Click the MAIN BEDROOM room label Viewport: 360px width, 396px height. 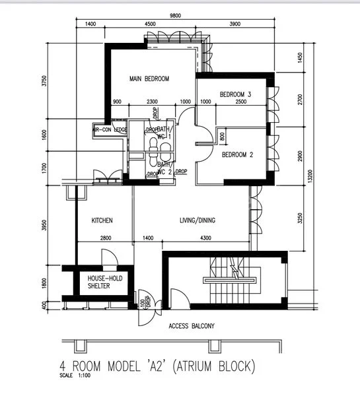click(x=149, y=79)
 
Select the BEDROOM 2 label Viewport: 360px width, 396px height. click(x=238, y=155)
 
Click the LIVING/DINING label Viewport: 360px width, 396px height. click(x=198, y=220)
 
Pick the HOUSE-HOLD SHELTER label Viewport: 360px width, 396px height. click(x=106, y=282)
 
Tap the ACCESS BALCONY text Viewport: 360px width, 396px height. click(x=192, y=326)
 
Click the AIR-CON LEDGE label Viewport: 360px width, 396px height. click(x=110, y=130)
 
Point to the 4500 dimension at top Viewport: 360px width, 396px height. click(x=150, y=24)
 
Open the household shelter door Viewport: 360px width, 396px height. click(x=108, y=259)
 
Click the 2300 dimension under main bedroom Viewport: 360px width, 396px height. click(x=152, y=102)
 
